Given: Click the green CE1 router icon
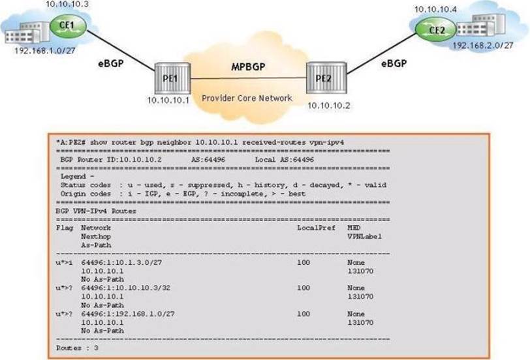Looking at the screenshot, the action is coord(68,25).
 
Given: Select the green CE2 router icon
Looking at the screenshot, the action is coord(436,31).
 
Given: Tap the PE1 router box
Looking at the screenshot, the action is coord(172,78).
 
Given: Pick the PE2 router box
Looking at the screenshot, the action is coord(326,78).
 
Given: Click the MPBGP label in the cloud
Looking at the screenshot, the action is coord(248,67).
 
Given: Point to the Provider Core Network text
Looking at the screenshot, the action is coord(247,98).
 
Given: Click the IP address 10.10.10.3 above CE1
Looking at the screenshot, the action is coord(67,5).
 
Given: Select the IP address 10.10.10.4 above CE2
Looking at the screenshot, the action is coord(436,9).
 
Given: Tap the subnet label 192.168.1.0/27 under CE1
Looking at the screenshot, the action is coord(44,51).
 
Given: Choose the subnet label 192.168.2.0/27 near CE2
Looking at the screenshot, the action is coord(483,45).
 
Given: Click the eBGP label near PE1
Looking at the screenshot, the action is coord(111,63).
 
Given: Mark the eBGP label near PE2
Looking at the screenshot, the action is coord(394,63).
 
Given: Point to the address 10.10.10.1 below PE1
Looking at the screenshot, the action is coord(168,100).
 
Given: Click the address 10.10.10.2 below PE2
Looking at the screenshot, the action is coord(328,106).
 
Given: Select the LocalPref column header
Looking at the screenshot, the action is coord(316,228).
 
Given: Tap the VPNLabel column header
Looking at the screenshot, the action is coord(364,236).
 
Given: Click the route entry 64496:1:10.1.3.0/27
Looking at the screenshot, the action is coord(121,262).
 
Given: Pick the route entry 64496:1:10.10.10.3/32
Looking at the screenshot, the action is coord(126,288).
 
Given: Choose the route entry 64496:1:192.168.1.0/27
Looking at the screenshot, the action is coord(128,314).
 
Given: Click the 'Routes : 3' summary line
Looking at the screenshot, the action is coord(77,348).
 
